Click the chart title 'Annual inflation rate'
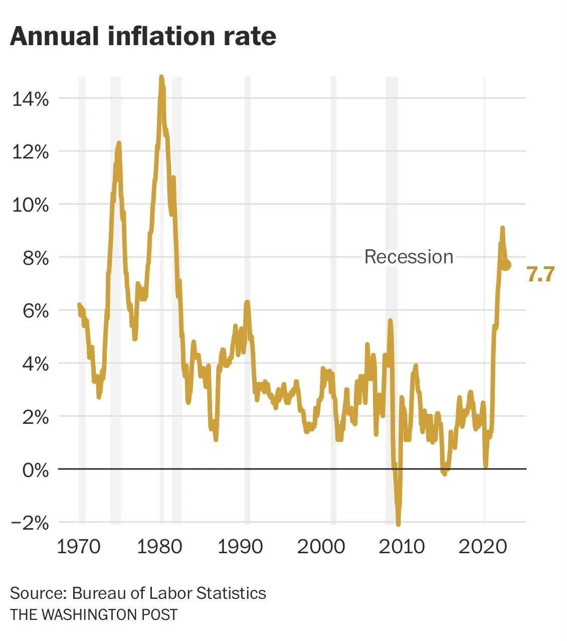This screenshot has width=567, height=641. (143, 36)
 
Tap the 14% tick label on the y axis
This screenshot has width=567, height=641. (30, 99)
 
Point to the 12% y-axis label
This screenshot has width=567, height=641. (30, 151)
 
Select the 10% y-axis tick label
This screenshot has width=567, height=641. (30, 205)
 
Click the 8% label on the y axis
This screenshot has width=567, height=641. (36, 258)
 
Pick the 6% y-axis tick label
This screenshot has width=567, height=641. (36, 311)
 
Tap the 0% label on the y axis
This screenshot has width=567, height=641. (36, 470)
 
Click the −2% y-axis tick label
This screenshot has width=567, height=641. (30, 523)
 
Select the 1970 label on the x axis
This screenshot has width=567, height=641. (79, 546)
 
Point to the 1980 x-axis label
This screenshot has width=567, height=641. (159, 546)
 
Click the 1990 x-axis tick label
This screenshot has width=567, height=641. (240, 546)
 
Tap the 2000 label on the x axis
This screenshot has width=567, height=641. (321, 546)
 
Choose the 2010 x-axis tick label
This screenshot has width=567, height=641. (402, 546)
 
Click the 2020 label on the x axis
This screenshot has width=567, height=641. (482, 546)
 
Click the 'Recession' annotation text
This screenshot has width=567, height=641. (409, 257)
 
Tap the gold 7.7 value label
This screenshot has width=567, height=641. (540, 274)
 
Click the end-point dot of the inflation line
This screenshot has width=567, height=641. (506, 265)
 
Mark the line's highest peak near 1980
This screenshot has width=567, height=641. (161, 77)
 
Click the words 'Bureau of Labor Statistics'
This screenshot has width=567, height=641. (169, 593)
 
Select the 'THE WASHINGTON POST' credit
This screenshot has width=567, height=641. (94, 614)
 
